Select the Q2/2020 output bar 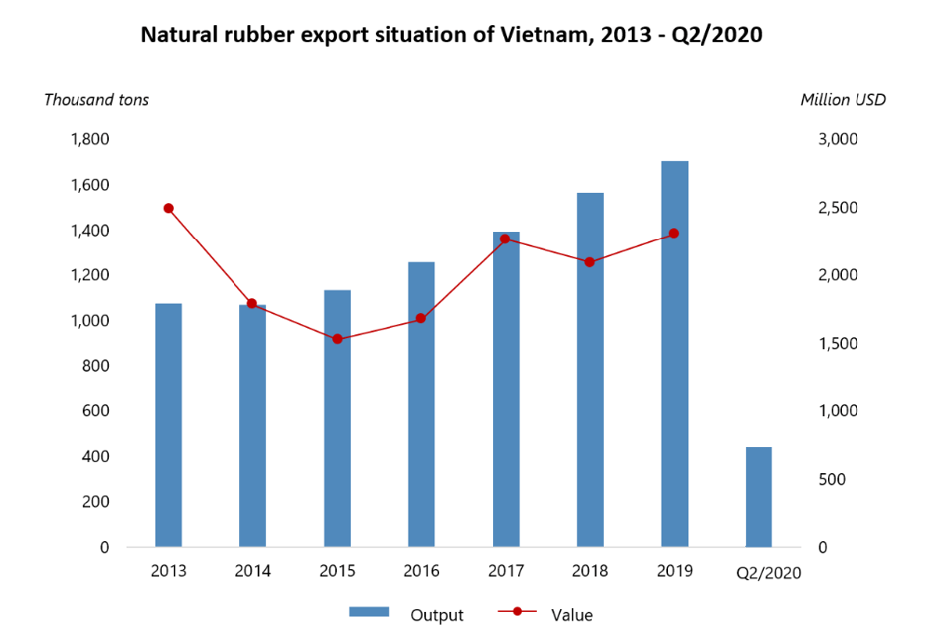[758, 497]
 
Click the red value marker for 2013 [168, 208]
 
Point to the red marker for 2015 [337, 339]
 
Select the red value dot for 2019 [674, 233]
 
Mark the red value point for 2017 [505, 239]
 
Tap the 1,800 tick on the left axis [89, 139]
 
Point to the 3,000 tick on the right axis [836, 139]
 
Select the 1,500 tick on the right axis [836, 344]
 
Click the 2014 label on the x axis [252, 571]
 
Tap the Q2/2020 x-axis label [767, 573]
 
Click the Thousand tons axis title [96, 99]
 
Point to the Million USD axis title [843, 99]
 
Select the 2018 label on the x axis [589, 571]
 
